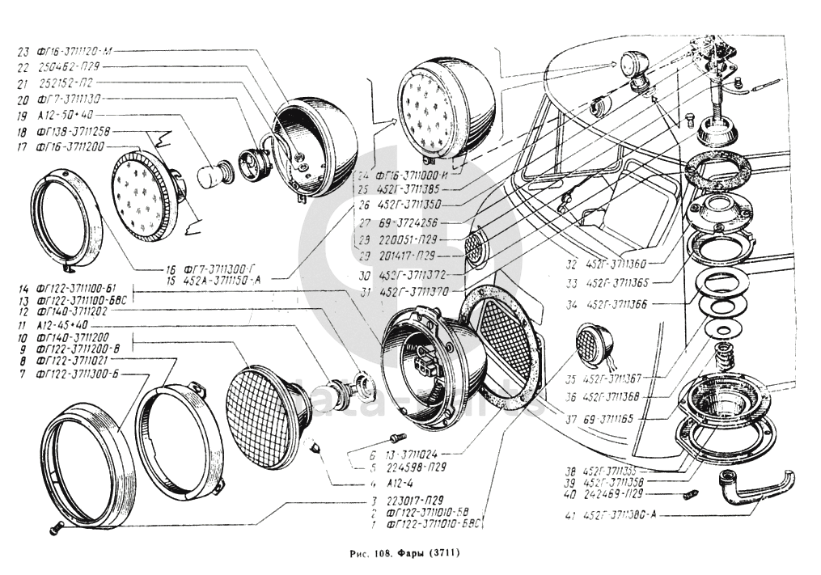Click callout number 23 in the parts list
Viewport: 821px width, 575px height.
23,50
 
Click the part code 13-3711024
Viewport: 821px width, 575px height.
418,455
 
